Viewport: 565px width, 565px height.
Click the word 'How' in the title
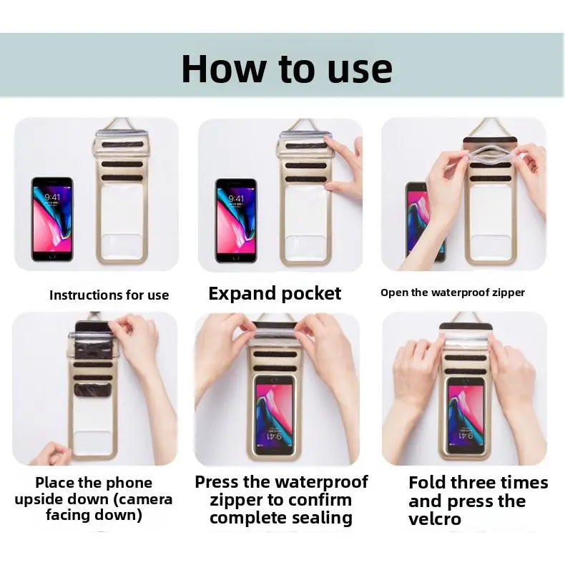[224, 69]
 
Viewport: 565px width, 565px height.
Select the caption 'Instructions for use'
[109, 295]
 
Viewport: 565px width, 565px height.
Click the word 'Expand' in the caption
[242, 294]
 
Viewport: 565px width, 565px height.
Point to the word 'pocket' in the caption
[311, 293]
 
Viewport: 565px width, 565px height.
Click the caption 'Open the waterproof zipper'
[453, 293]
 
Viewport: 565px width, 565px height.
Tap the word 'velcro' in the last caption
[435, 519]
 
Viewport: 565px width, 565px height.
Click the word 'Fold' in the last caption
[427, 482]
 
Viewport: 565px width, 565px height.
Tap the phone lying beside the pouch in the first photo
[52, 219]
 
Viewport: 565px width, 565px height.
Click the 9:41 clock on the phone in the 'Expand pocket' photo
[236, 199]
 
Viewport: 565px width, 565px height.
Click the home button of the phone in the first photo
[52, 256]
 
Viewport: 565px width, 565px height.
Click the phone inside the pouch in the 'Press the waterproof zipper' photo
[275, 415]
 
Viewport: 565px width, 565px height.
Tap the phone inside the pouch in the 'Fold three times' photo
[466, 416]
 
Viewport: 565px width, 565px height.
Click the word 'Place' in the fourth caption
[54, 483]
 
